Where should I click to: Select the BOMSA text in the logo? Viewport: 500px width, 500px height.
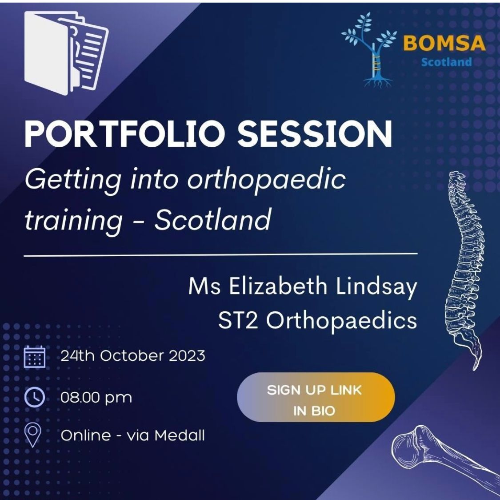pos(444,43)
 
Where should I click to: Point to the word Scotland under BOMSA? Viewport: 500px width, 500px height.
pos(446,62)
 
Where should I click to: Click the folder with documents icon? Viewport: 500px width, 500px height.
pos(66,53)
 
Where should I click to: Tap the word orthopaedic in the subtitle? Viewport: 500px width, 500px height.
pos(266,180)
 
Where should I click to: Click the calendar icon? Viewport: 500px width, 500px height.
pos(34,357)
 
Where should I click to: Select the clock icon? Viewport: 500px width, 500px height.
pos(34,397)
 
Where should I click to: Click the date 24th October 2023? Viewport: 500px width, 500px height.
pos(132,356)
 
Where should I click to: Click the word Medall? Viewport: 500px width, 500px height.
pos(180,435)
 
